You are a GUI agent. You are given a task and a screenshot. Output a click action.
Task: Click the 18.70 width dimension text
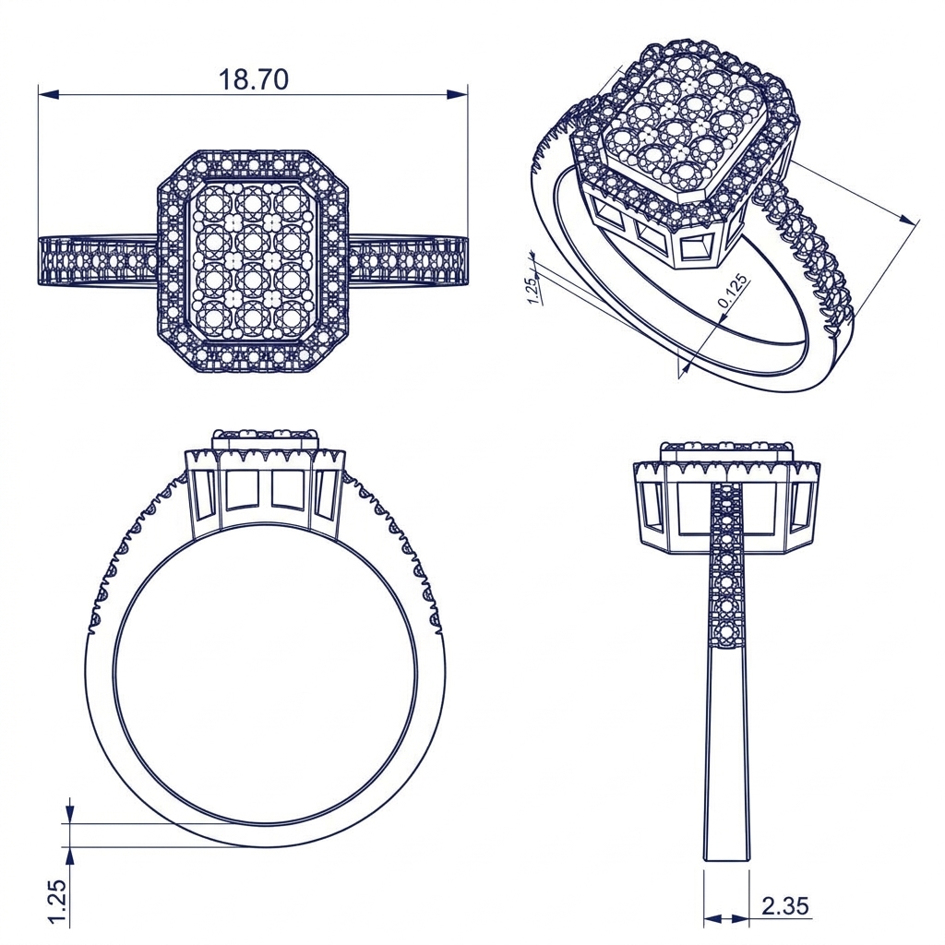click(x=253, y=79)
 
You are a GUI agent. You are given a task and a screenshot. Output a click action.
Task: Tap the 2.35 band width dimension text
click(x=784, y=906)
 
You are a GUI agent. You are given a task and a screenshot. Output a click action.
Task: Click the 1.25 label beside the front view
click(x=56, y=902)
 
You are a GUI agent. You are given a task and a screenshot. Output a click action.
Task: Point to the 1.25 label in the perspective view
click(x=533, y=291)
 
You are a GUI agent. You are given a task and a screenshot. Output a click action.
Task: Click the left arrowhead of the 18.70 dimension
click(x=49, y=95)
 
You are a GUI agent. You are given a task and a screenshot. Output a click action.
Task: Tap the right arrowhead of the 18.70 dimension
click(x=457, y=94)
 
